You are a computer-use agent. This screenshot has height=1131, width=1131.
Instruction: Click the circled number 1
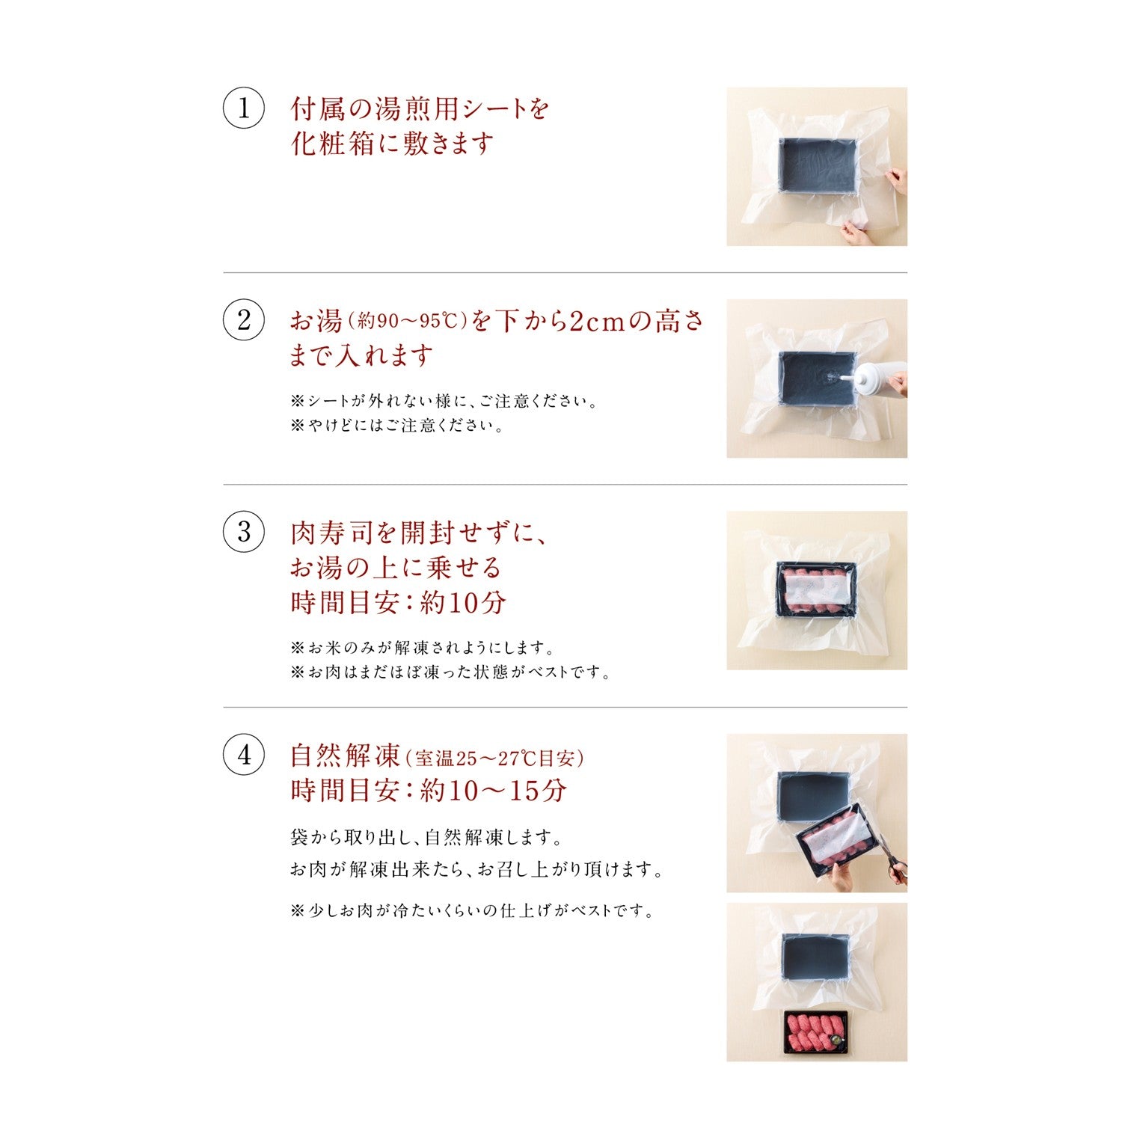point(244,108)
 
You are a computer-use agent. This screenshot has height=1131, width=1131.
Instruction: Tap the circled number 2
point(244,320)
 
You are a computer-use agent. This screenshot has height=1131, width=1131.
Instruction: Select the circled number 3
point(244,532)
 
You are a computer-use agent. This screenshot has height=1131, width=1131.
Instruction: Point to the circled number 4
point(244,755)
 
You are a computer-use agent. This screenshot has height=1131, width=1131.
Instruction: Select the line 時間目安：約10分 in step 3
point(398,602)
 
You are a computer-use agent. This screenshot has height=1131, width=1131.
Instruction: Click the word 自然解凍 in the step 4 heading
point(346,756)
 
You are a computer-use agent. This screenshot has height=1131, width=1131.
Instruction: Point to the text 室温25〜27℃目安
point(494,758)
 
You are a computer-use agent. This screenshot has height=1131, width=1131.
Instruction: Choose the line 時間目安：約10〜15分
point(429,791)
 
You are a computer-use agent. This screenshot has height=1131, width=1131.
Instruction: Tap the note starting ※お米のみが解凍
point(423,648)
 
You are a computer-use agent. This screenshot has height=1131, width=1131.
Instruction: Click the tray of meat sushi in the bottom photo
point(816,1032)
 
